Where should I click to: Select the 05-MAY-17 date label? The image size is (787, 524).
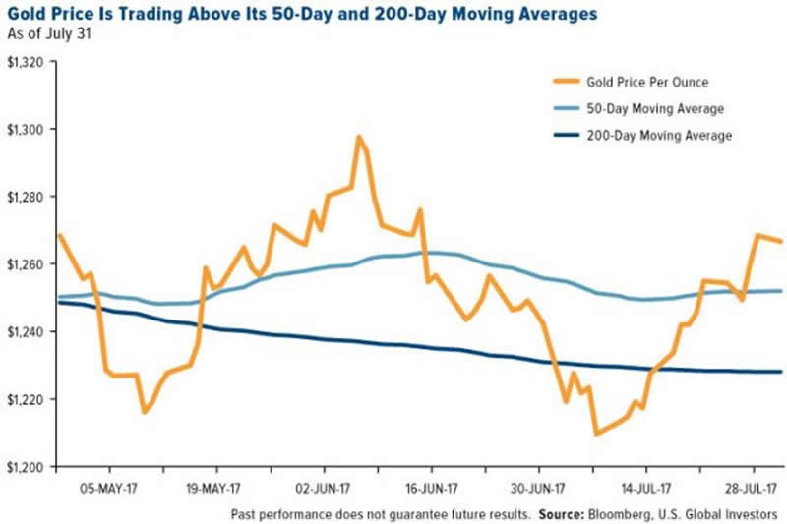click(x=107, y=486)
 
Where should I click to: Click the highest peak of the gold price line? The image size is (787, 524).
click(x=359, y=137)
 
